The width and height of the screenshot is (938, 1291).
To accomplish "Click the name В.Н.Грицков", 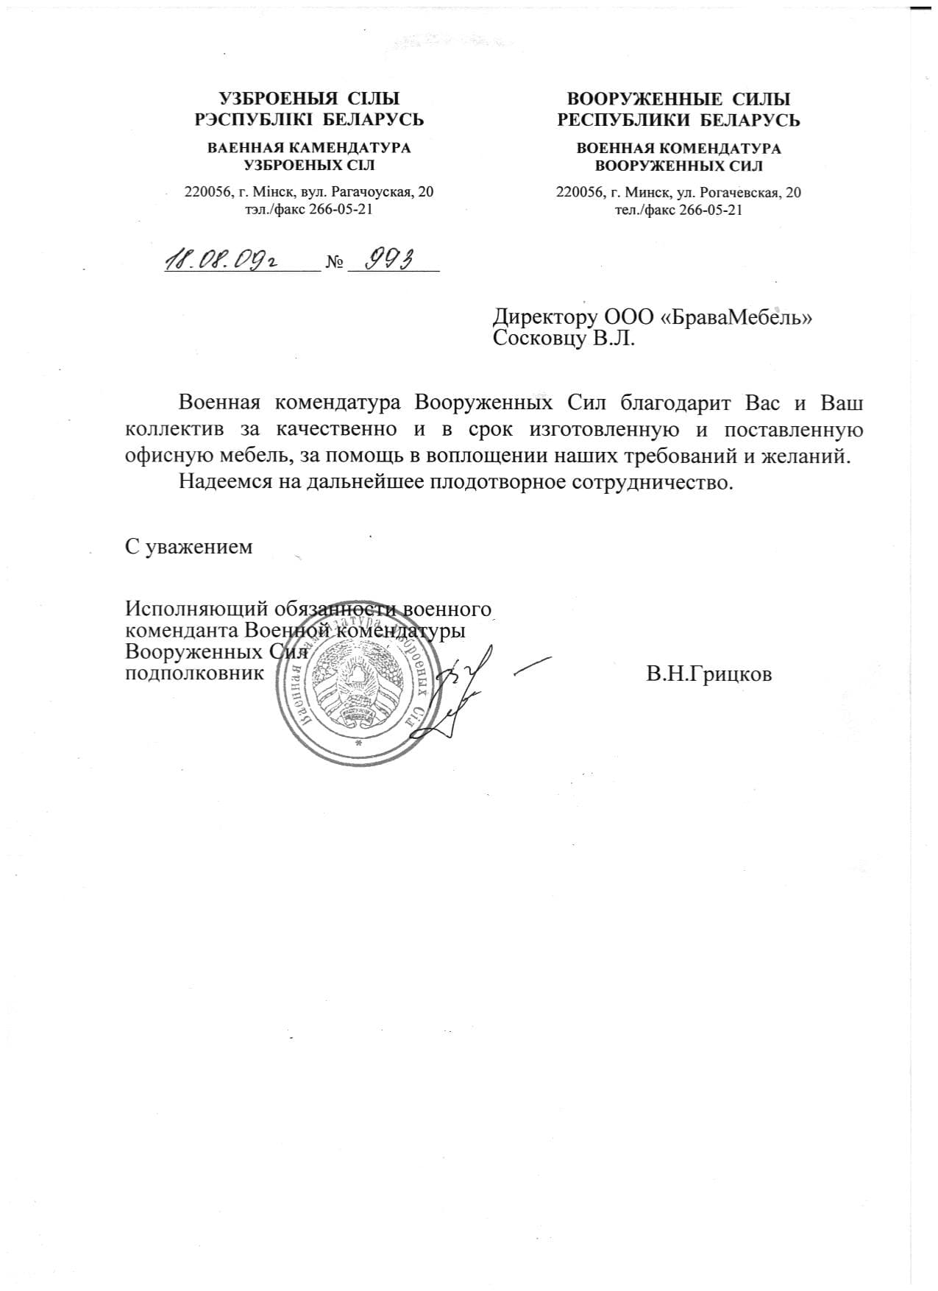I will click(x=709, y=674).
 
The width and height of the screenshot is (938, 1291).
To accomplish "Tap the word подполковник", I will click(x=195, y=673).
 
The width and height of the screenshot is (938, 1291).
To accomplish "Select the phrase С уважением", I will click(x=189, y=547).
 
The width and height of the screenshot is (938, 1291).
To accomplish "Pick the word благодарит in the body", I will click(x=675, y=404).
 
